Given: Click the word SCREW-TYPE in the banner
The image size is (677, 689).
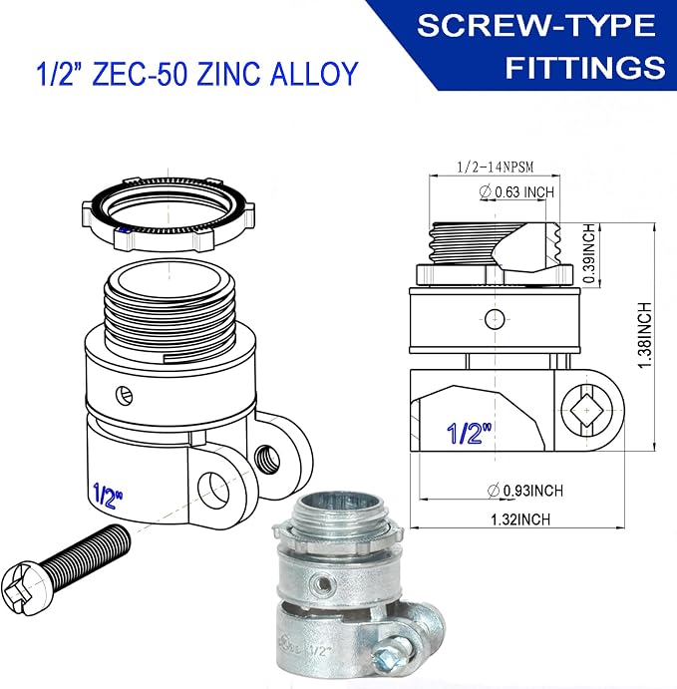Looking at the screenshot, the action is tap(536, 26).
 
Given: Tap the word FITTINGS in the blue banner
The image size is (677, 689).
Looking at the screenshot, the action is tap(585, 67).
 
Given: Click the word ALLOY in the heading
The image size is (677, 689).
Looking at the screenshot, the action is tap(314, 74).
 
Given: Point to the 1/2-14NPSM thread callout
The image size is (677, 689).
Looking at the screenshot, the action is tap(495, 167).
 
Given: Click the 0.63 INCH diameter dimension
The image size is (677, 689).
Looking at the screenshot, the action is tap(517, 192).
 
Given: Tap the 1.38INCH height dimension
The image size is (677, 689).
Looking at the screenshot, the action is tap(645, 335).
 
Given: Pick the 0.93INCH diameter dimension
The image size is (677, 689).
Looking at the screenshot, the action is tap(525, 491).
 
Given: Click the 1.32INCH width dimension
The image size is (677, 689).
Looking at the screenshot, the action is tap(520, 519).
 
